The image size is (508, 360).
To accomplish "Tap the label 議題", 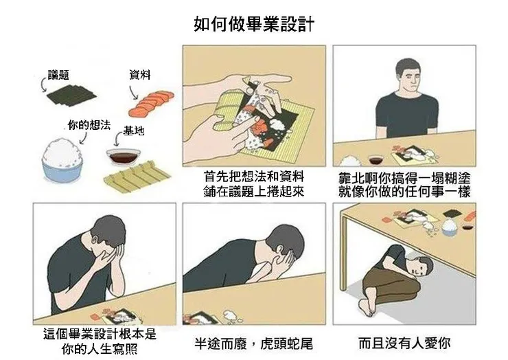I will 58,74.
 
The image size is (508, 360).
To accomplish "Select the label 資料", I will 140,74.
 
